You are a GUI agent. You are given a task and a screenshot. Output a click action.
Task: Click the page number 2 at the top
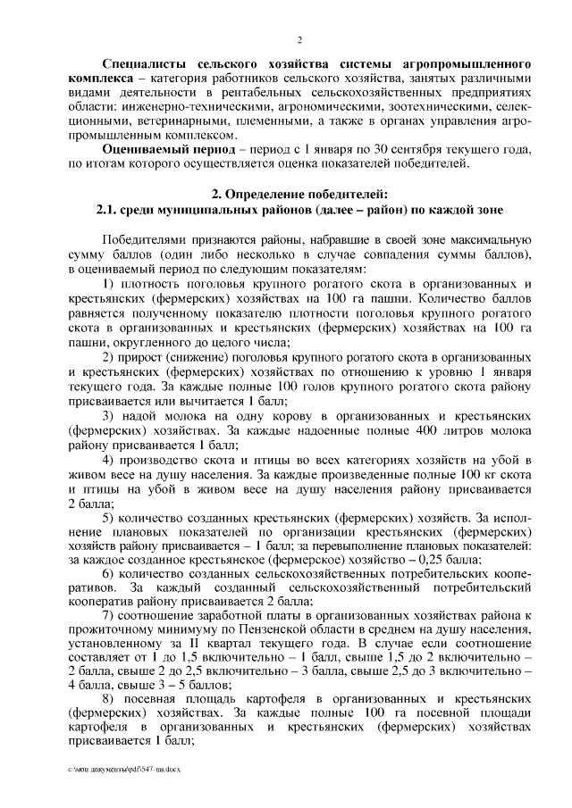point(300,41)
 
